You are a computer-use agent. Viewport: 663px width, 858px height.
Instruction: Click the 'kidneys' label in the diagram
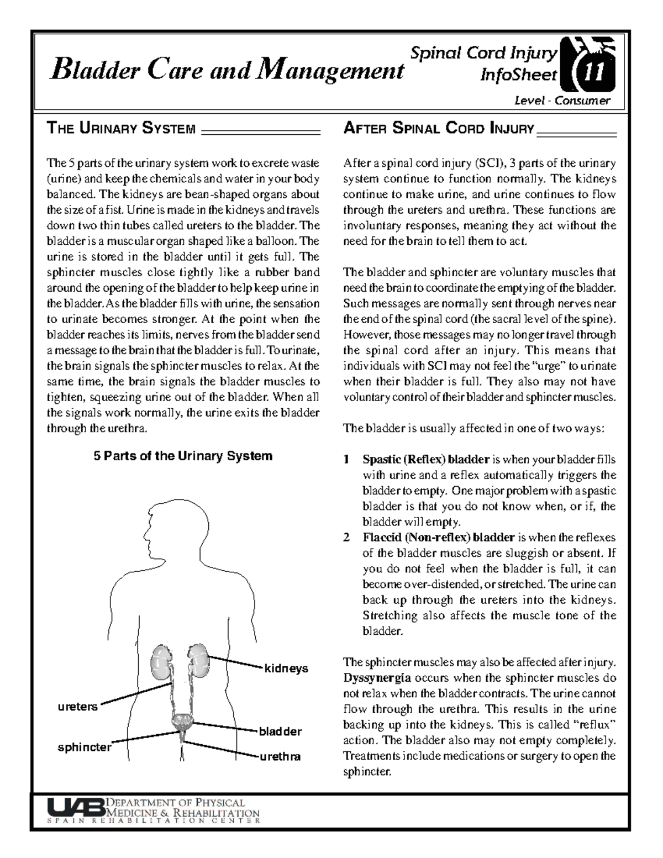[286, 668]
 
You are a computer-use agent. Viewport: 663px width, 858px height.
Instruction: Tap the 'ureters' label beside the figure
[78, 707]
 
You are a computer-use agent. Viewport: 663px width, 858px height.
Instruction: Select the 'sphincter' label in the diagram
[85, 748]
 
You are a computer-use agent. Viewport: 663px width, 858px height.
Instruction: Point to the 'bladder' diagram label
[281, 731]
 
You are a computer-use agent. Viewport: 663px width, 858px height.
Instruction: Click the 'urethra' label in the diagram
[281, 756]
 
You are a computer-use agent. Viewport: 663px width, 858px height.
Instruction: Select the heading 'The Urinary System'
[122, 129]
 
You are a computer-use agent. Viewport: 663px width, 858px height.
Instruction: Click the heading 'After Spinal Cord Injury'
[439, 129]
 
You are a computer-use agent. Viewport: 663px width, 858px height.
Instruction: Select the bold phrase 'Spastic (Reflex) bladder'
[426, 460]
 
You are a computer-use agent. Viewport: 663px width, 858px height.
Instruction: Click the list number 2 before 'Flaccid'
[346, 538]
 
